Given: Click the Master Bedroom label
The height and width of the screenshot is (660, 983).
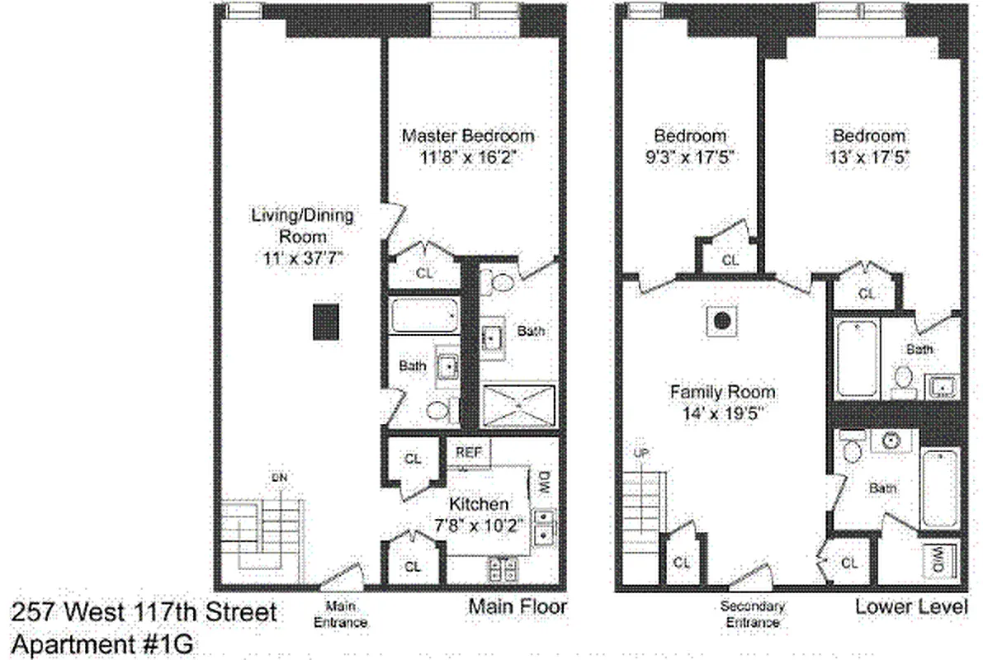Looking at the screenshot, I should tap(468, 135).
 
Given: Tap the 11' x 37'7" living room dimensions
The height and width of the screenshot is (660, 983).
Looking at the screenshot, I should tap(302, 258).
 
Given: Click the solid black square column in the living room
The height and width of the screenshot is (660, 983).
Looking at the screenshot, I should tap(326, 321).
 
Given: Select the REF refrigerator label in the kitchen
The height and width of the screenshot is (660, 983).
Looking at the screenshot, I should tap(468, 453).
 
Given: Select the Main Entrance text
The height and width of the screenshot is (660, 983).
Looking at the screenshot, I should tap(340, 615).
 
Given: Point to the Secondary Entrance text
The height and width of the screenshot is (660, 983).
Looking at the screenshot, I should tap(752, 615).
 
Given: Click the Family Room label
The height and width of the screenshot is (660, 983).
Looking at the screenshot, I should tap(722, 392).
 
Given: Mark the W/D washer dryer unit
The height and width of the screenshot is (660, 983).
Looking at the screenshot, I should tap(940, 562).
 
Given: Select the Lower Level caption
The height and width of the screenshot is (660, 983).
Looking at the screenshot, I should tap(910, 608).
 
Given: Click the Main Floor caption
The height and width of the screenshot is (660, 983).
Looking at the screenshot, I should tap(517, 608).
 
